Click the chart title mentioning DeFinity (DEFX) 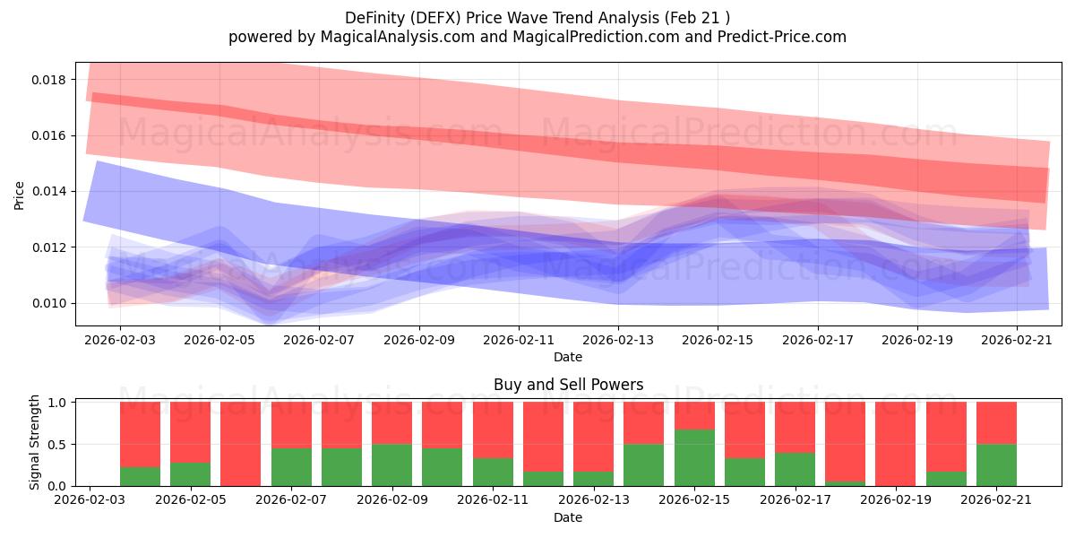pos(537,18)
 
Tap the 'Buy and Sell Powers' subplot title pos(568,385)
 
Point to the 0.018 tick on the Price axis pos(48,80)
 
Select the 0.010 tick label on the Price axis pos(48,304)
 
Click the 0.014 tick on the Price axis pos(48,192)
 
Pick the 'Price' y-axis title pos(19,195)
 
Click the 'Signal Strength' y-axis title pos(34,442)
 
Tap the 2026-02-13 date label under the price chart pos(618,340)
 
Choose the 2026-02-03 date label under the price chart pos(120,340)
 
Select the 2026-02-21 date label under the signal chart pos(996,500)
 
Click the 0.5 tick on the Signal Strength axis pos(57,445)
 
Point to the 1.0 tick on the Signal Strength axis pos(57,403)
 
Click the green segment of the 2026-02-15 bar pos(694,458)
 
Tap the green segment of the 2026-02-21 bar pos(996,465)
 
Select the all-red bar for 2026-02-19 pos(896,444)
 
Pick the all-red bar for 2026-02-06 pos(240,444)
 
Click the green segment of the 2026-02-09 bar pos(392,465)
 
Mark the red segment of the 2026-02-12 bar pos(543,437)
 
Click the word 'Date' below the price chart pos(568,358)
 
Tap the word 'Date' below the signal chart pos(568,518)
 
